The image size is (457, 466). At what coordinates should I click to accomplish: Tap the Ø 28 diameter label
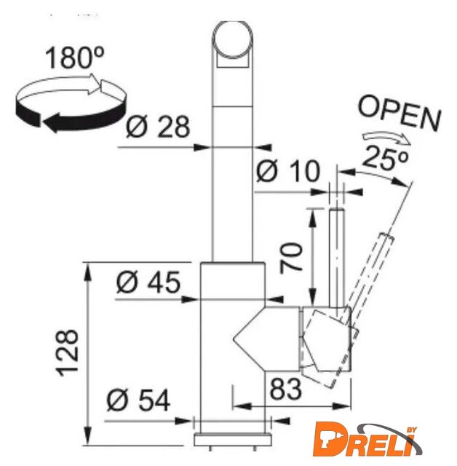pyautogui.click(x=158, y=126)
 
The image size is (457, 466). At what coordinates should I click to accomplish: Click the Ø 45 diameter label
pyautogui.click(x=148, y=282)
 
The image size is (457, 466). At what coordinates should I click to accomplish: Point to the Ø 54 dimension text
pyautogui.click(x=138, y=400)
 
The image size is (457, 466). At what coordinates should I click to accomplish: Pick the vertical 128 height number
pyautogui.click(x=68, y=352)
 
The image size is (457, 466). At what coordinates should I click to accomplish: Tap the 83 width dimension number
pyautogui.click(x=285, y=389)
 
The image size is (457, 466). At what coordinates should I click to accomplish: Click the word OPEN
pyautogui.click(x=400, y=114)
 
